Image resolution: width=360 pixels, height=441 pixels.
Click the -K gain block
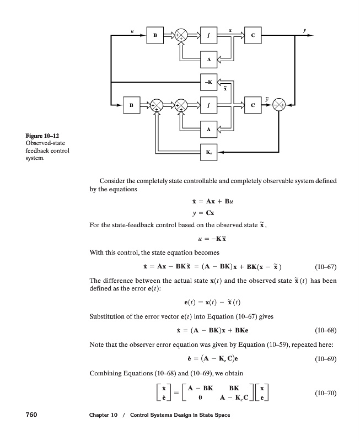point(208,82)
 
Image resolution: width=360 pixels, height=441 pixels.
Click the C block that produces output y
point(252,36)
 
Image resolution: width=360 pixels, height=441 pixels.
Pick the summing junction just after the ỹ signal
point(281,104)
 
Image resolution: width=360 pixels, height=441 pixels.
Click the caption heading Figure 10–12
point(42,136)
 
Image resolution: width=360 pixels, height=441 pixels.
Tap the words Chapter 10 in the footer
point(104,428)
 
